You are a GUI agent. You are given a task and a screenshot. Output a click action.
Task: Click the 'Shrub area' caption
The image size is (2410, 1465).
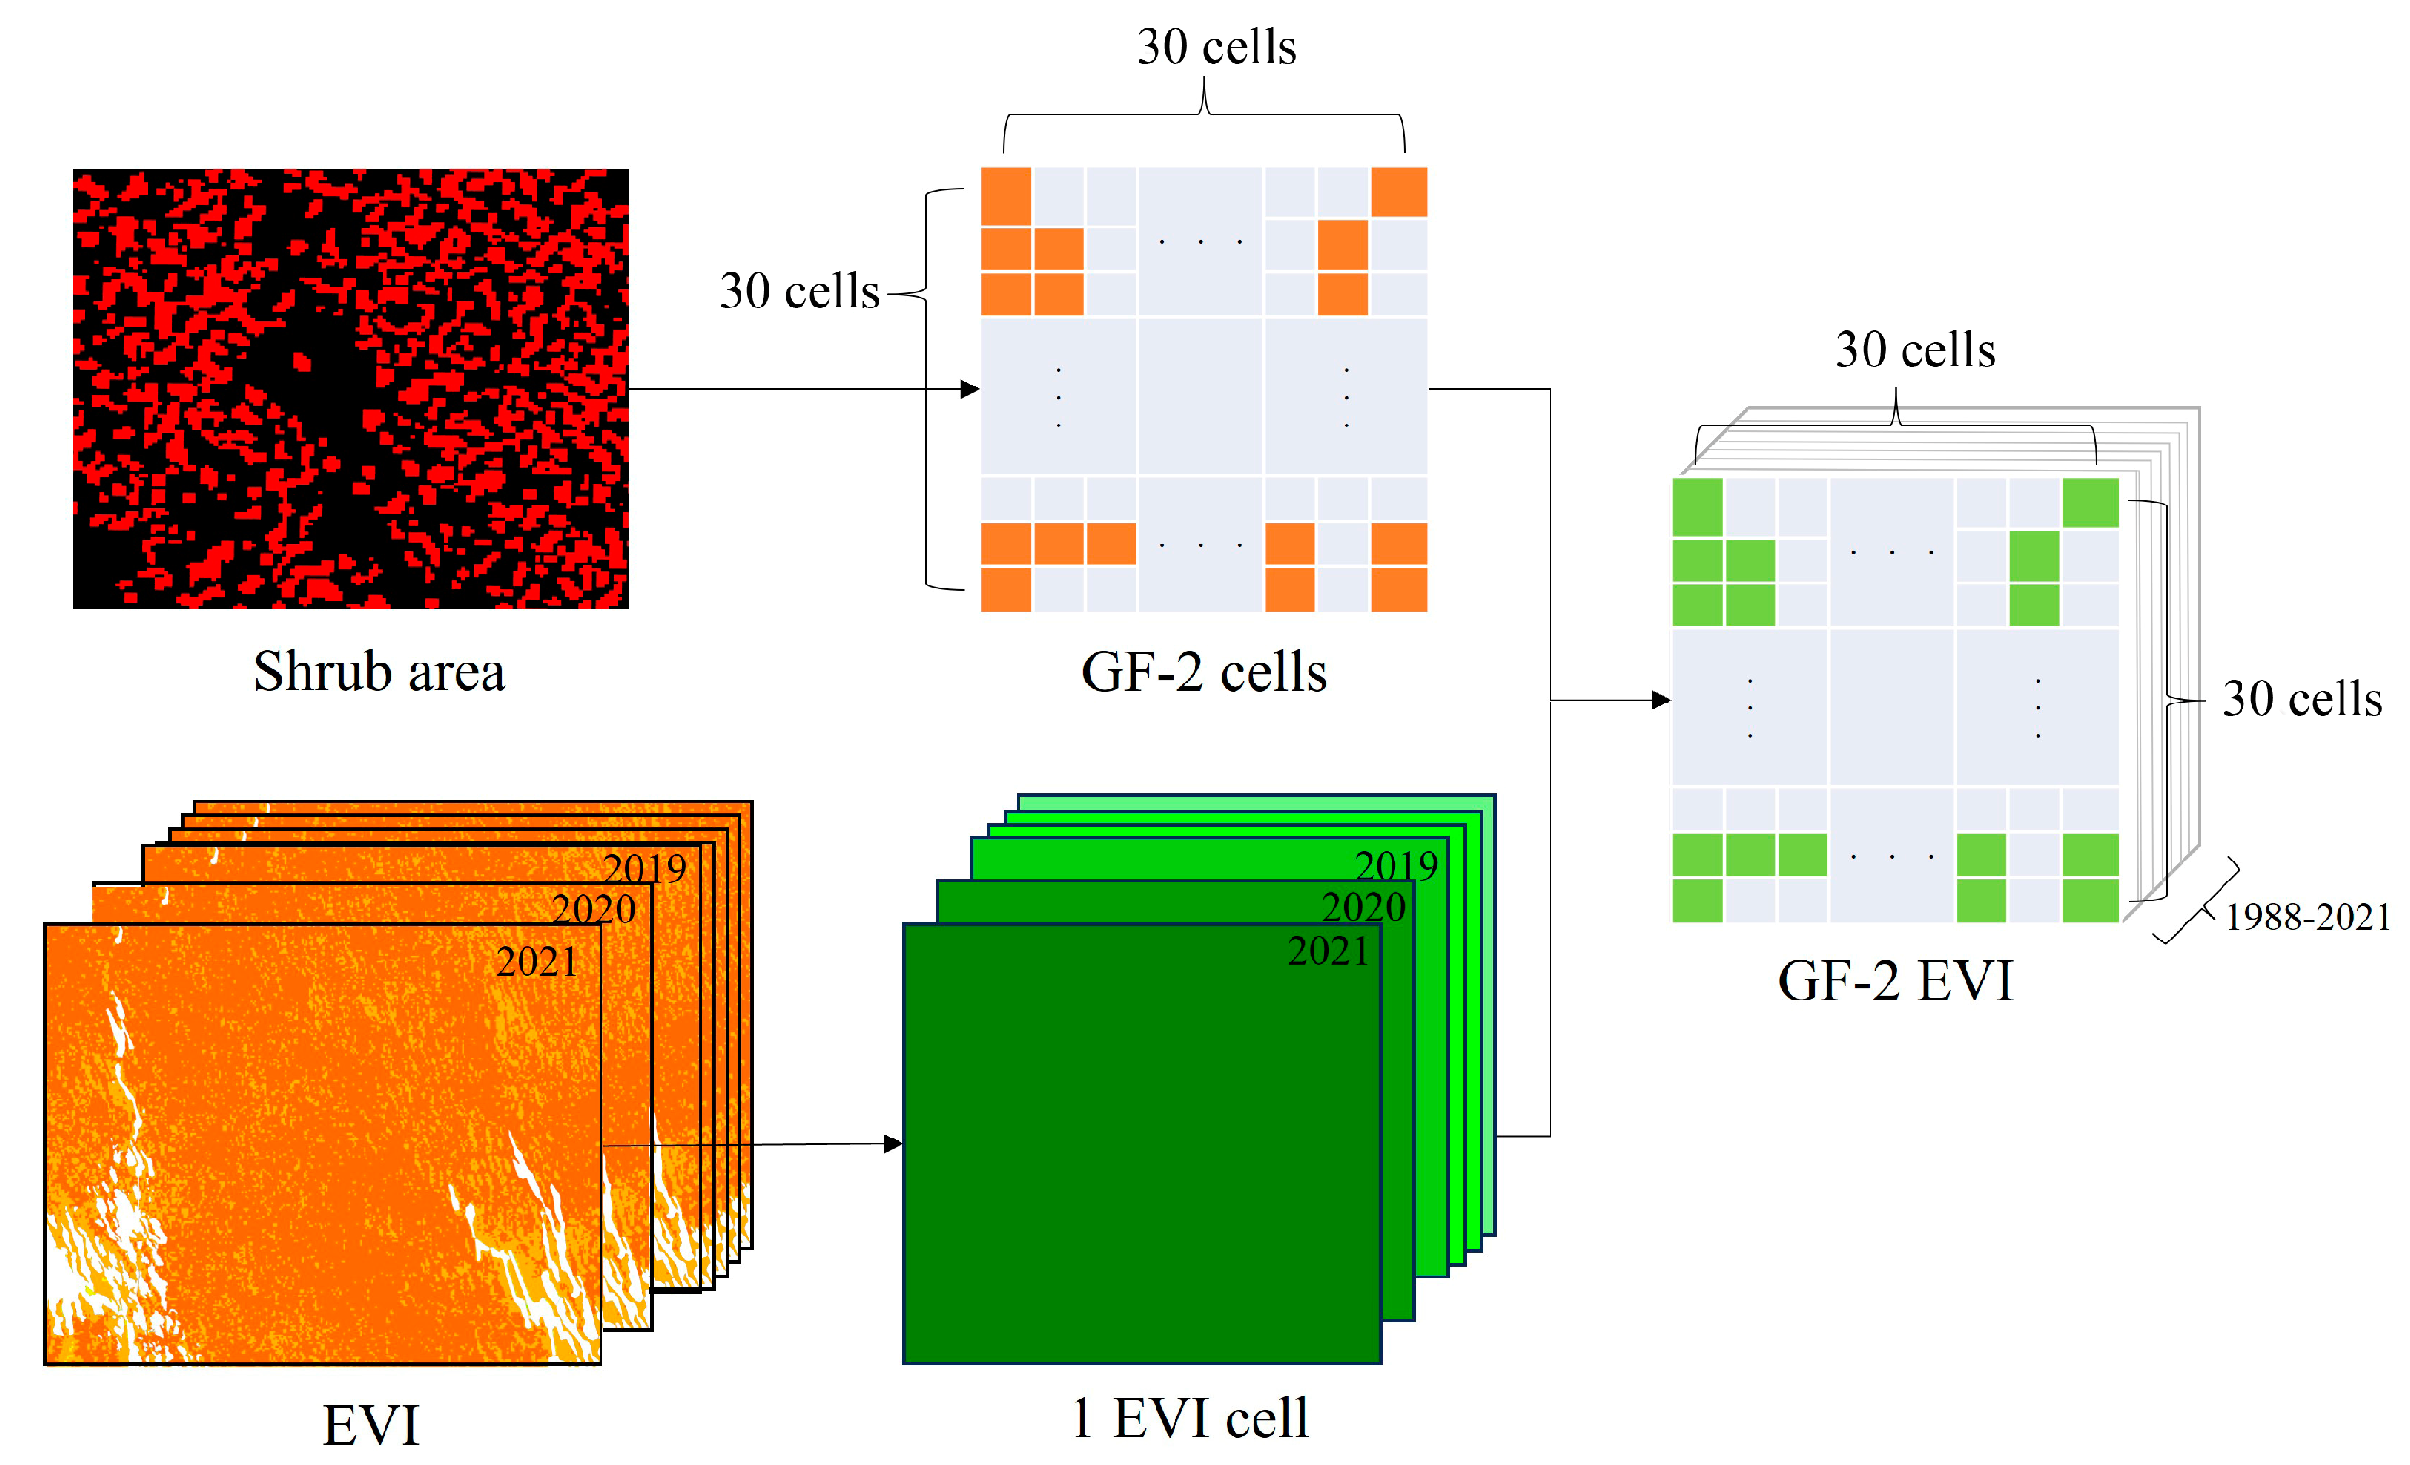379,672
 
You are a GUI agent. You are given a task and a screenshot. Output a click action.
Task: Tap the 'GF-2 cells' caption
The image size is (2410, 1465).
1203,672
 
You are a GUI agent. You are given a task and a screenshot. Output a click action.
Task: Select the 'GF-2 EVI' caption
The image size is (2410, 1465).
1894,980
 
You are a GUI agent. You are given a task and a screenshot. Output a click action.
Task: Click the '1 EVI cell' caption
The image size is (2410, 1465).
1190,1418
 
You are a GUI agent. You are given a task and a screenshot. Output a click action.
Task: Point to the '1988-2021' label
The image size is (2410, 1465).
2307,918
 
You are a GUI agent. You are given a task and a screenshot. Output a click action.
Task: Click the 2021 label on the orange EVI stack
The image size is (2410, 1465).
536,962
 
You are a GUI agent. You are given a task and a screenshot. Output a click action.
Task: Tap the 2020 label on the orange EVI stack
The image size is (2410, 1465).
594,909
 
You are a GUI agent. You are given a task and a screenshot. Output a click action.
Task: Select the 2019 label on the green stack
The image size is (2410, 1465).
1395,866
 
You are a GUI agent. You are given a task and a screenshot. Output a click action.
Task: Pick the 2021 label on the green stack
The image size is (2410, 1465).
1327,952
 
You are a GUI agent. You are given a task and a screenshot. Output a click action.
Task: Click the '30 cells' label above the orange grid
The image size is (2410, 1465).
1216,47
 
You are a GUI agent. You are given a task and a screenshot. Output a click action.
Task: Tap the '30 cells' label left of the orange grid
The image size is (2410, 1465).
800,291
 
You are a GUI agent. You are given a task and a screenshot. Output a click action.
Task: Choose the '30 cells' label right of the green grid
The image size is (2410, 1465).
2301,700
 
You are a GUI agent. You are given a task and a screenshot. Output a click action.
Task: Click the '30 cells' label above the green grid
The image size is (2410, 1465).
1914,350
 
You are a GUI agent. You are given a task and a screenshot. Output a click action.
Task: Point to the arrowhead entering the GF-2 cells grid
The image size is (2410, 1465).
971,389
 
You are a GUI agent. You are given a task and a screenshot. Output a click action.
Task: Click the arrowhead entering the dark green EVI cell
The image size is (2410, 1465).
894,1143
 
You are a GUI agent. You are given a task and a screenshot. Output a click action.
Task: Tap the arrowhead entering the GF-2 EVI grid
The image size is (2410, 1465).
1662,701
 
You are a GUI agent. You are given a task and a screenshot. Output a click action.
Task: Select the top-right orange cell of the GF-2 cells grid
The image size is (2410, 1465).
1397,191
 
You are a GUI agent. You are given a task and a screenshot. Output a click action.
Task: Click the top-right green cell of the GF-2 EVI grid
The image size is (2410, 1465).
2089,503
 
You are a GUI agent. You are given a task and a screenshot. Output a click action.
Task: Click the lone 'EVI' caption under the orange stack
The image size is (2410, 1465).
370,1425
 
